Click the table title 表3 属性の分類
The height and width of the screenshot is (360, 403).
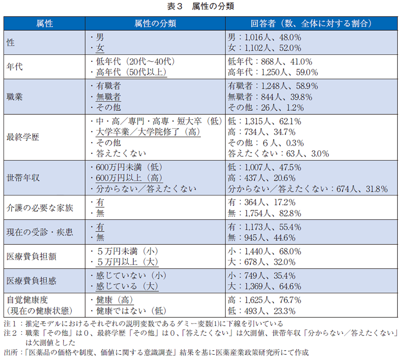(201, 6)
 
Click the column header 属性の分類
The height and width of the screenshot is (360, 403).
(155, 24)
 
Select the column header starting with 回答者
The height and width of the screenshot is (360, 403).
(311, 24)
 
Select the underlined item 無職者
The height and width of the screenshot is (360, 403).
(108, 97)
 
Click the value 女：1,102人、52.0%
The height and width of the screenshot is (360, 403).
(265, 48)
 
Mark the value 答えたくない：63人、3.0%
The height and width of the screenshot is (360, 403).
(278, 153)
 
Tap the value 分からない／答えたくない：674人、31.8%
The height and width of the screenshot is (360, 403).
(308, 189)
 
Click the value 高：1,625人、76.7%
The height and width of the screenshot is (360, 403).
(265, 300)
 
